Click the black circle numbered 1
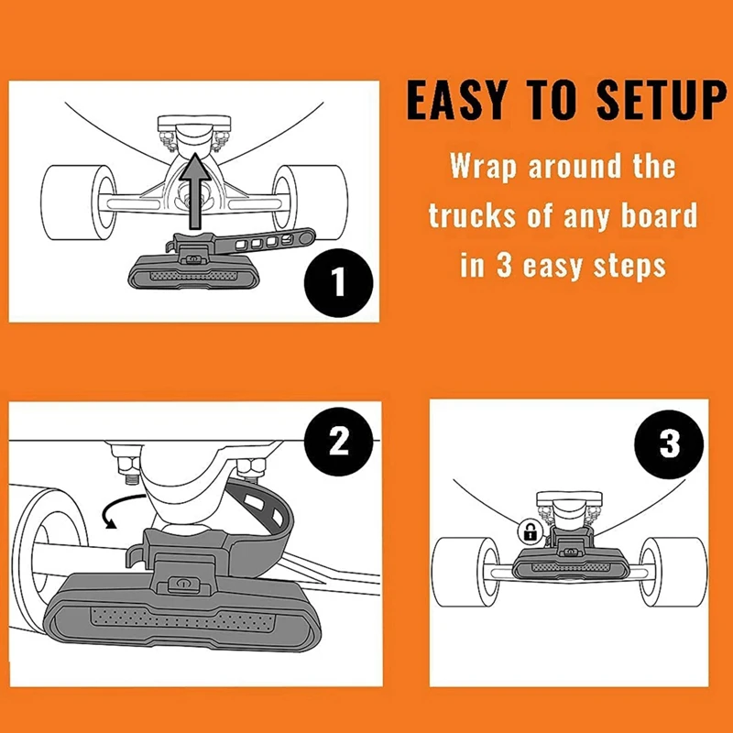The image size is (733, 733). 338,283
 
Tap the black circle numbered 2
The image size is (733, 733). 338,442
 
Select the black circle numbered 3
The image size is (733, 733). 669,444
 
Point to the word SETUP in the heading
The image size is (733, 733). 662,101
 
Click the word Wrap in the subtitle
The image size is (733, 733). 483,166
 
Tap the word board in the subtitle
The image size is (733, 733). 659,215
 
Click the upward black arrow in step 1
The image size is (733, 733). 195,191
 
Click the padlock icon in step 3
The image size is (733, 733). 530,531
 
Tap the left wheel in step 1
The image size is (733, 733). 79,202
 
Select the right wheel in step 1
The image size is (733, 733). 310,202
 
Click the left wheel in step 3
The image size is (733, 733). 465,572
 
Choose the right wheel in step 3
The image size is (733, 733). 673,572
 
